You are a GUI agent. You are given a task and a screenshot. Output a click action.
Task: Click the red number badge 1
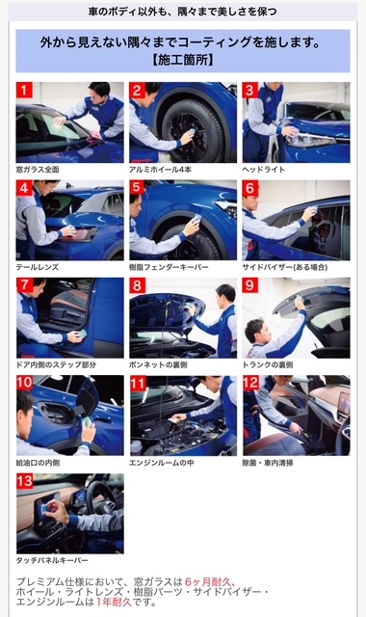[24, 90]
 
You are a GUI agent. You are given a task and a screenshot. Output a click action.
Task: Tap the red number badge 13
[24, 481]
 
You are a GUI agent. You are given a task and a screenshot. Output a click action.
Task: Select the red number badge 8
[137, 285]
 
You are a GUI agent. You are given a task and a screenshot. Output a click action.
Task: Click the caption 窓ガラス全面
[38, 170]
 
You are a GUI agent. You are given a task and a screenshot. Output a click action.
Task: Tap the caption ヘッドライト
[263, 170]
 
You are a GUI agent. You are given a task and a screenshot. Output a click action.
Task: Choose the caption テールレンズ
[38, 267]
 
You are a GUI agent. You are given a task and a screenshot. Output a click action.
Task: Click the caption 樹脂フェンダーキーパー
[169, 267]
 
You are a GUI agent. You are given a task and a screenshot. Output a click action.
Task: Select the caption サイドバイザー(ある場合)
[285, 267]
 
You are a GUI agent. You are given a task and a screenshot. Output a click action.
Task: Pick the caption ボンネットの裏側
[158, 364]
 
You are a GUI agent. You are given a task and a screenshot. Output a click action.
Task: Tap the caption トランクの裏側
[268, 364]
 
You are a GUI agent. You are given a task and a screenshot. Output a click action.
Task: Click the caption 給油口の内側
[38, 463]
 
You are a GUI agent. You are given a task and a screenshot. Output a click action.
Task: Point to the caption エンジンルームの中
[162, 463]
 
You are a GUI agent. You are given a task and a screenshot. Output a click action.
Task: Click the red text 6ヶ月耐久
[208, 581]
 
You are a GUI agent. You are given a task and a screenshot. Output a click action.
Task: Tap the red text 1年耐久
[114, 602]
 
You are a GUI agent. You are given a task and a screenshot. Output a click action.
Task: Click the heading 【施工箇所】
[183, 60]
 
